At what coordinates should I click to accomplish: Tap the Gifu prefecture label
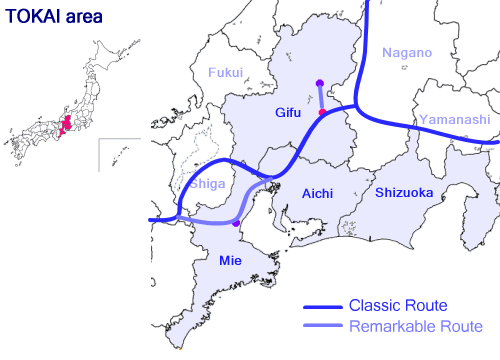pos(291,115)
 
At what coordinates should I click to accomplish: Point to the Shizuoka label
pos(404,192)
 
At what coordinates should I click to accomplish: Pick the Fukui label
pos(226,72)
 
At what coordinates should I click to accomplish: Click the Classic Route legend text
pos(397,305)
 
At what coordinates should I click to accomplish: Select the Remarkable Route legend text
pos(415,327)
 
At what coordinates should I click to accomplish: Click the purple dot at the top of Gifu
pos(319,83)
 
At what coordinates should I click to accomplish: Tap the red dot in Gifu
pos(321,113)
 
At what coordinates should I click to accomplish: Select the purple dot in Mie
pos(235,224)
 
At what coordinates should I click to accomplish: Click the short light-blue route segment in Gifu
pos(320,98)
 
